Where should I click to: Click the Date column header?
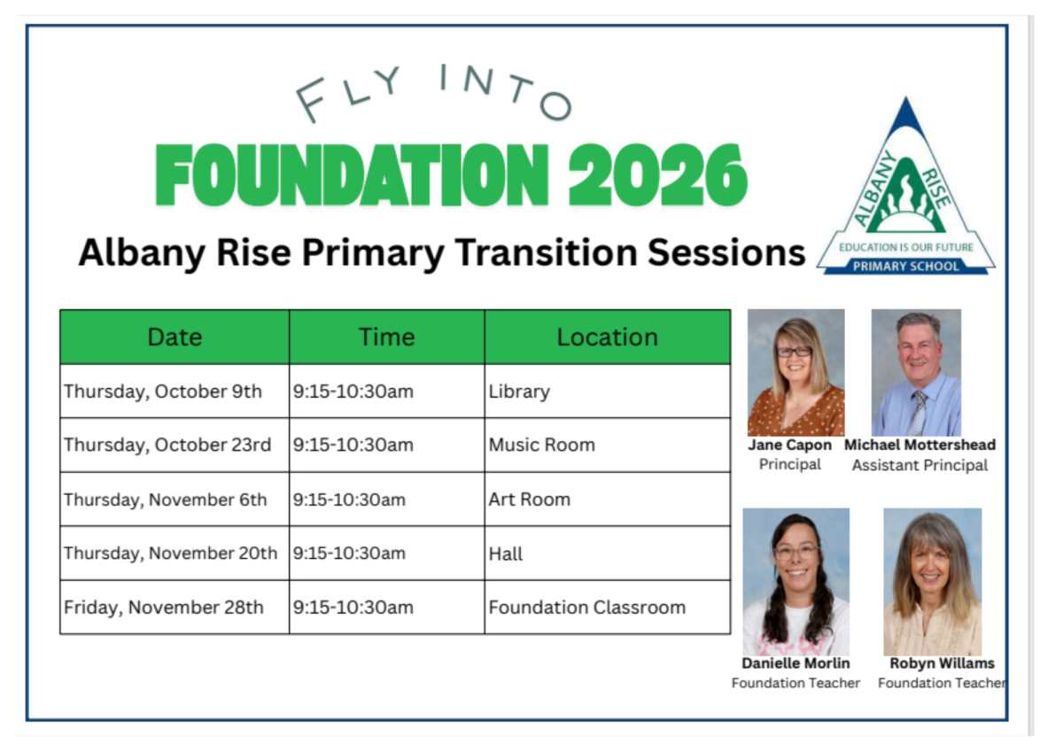pos(175,337)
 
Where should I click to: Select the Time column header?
pos(387,337)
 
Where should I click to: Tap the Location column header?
pos(608,337)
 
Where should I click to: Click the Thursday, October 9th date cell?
pos(175,391)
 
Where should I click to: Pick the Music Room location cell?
pos(608,445)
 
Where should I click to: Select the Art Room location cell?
pos(608,499)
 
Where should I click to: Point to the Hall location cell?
pos(608,554)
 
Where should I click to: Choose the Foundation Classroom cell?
pos(608,608)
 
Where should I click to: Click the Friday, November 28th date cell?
pos(175,608)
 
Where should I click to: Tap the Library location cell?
pos(608,391)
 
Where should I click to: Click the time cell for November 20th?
pos(387,554)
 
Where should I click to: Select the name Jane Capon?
pos(789,445)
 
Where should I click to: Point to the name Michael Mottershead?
pos(919,445)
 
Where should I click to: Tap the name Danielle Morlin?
pos(795,663)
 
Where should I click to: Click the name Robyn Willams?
pos(942,663)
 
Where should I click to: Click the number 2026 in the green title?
pos(657,174)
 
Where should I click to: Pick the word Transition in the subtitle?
pos(546,252)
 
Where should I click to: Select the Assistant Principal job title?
pos(919,466)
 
